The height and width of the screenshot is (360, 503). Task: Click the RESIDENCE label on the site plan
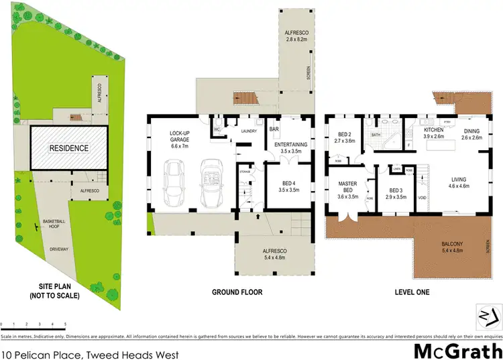69,147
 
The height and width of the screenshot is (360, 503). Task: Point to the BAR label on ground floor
274,129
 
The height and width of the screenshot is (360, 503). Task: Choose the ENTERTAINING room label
290,144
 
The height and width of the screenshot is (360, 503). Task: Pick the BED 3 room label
398,192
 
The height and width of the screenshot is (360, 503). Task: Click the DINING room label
472,131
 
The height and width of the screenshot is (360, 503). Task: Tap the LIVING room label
459,179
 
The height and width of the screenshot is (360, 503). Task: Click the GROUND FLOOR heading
237,292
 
